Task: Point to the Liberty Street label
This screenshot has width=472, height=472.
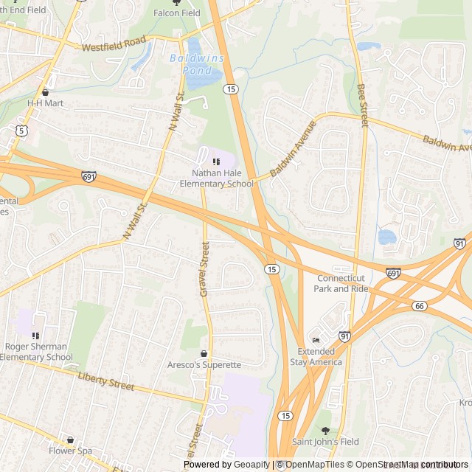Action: (106, 381)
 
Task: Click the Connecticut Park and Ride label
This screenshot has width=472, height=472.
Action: (340, 283)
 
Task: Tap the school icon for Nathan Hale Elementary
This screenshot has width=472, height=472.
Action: (216, 162)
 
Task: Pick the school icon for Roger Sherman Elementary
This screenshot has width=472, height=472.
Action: (35, 336)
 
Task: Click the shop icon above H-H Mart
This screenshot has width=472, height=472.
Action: (45, 92)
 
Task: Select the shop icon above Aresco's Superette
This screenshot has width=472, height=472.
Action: (204, 354)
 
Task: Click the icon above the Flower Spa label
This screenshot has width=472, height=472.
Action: (70, 440)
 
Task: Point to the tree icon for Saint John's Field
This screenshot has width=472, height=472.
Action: (325, 431)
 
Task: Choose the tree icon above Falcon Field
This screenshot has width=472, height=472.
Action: (176, 2)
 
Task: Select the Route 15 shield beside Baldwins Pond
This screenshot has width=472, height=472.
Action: (232, 88)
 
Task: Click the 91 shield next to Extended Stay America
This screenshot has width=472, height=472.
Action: (344, 336)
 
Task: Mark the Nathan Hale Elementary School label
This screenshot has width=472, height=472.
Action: (217, 178)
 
